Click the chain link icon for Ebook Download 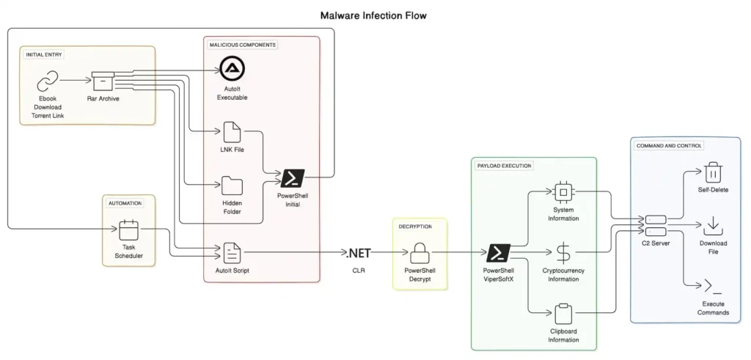[48, 81]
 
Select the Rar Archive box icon [103, 81]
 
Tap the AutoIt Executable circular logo [232, 68]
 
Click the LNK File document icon [232, 132]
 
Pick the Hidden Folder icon [232, 185]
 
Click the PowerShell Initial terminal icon [293, 179]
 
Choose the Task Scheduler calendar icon [128, 229]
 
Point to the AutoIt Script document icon [232, 253]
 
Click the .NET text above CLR [358, 253]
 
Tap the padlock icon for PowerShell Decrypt [420, 253]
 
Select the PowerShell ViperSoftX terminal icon [498, 253]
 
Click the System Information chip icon [563, 192]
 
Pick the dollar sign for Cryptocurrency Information [563, 253]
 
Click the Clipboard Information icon [563, 314]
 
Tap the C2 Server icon [655, 226]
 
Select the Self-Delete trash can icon [713, 172]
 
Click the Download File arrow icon [713, 226]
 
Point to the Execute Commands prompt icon [713, 286]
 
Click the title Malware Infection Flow [373, 15]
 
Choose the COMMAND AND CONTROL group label [669, 145]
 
